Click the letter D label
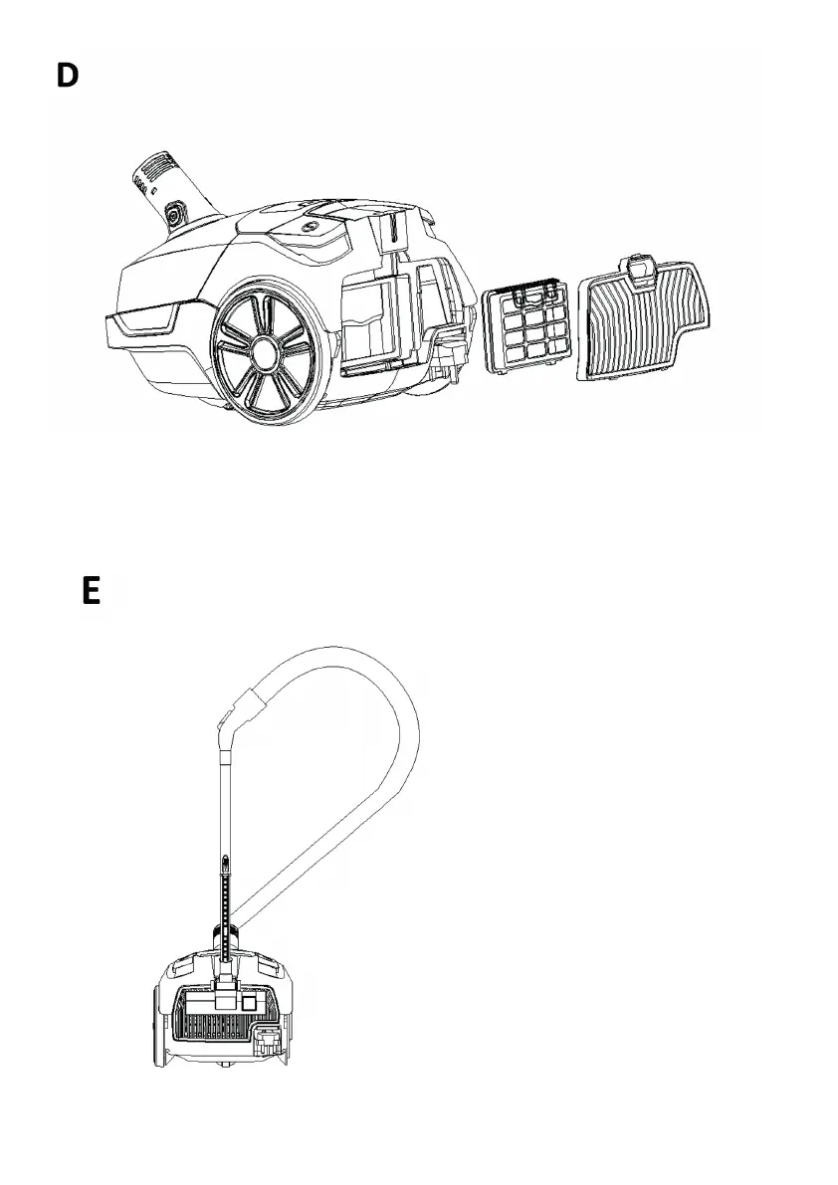(67, 77)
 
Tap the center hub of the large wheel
(264, 351)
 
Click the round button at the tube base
(174, 214)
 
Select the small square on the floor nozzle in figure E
(250, 1004)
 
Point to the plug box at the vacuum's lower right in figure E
(268, 1042)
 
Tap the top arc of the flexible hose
(348, 657)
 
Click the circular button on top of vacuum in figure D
(315, 227)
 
